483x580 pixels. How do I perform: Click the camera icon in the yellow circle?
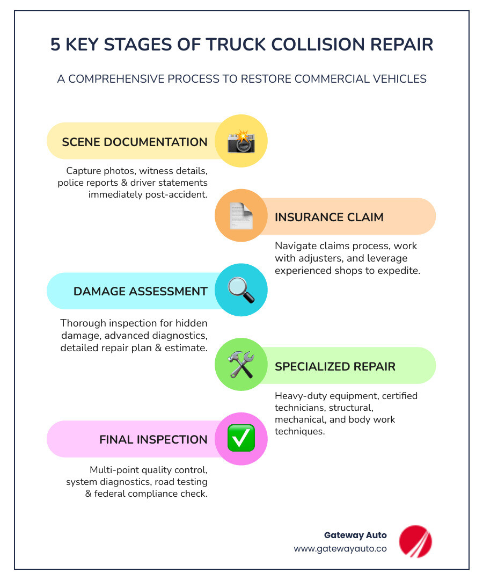tap(241, 141)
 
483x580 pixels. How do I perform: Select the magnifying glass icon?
tap(241, 290)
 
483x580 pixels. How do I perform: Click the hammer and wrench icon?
tap(241, 365)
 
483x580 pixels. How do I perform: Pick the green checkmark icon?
tap(241, 439)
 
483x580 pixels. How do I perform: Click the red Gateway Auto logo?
tap(415, 541)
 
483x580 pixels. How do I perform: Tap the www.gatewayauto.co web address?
tap(340, 549)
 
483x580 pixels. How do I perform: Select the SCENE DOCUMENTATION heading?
tap(135, 142)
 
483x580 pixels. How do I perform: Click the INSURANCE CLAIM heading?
tap(329, 217)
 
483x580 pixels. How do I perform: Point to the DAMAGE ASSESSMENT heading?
tap(140, 291)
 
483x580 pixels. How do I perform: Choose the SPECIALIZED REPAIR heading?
tap(335, 366)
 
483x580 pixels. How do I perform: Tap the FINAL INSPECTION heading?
tap(153, 440)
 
